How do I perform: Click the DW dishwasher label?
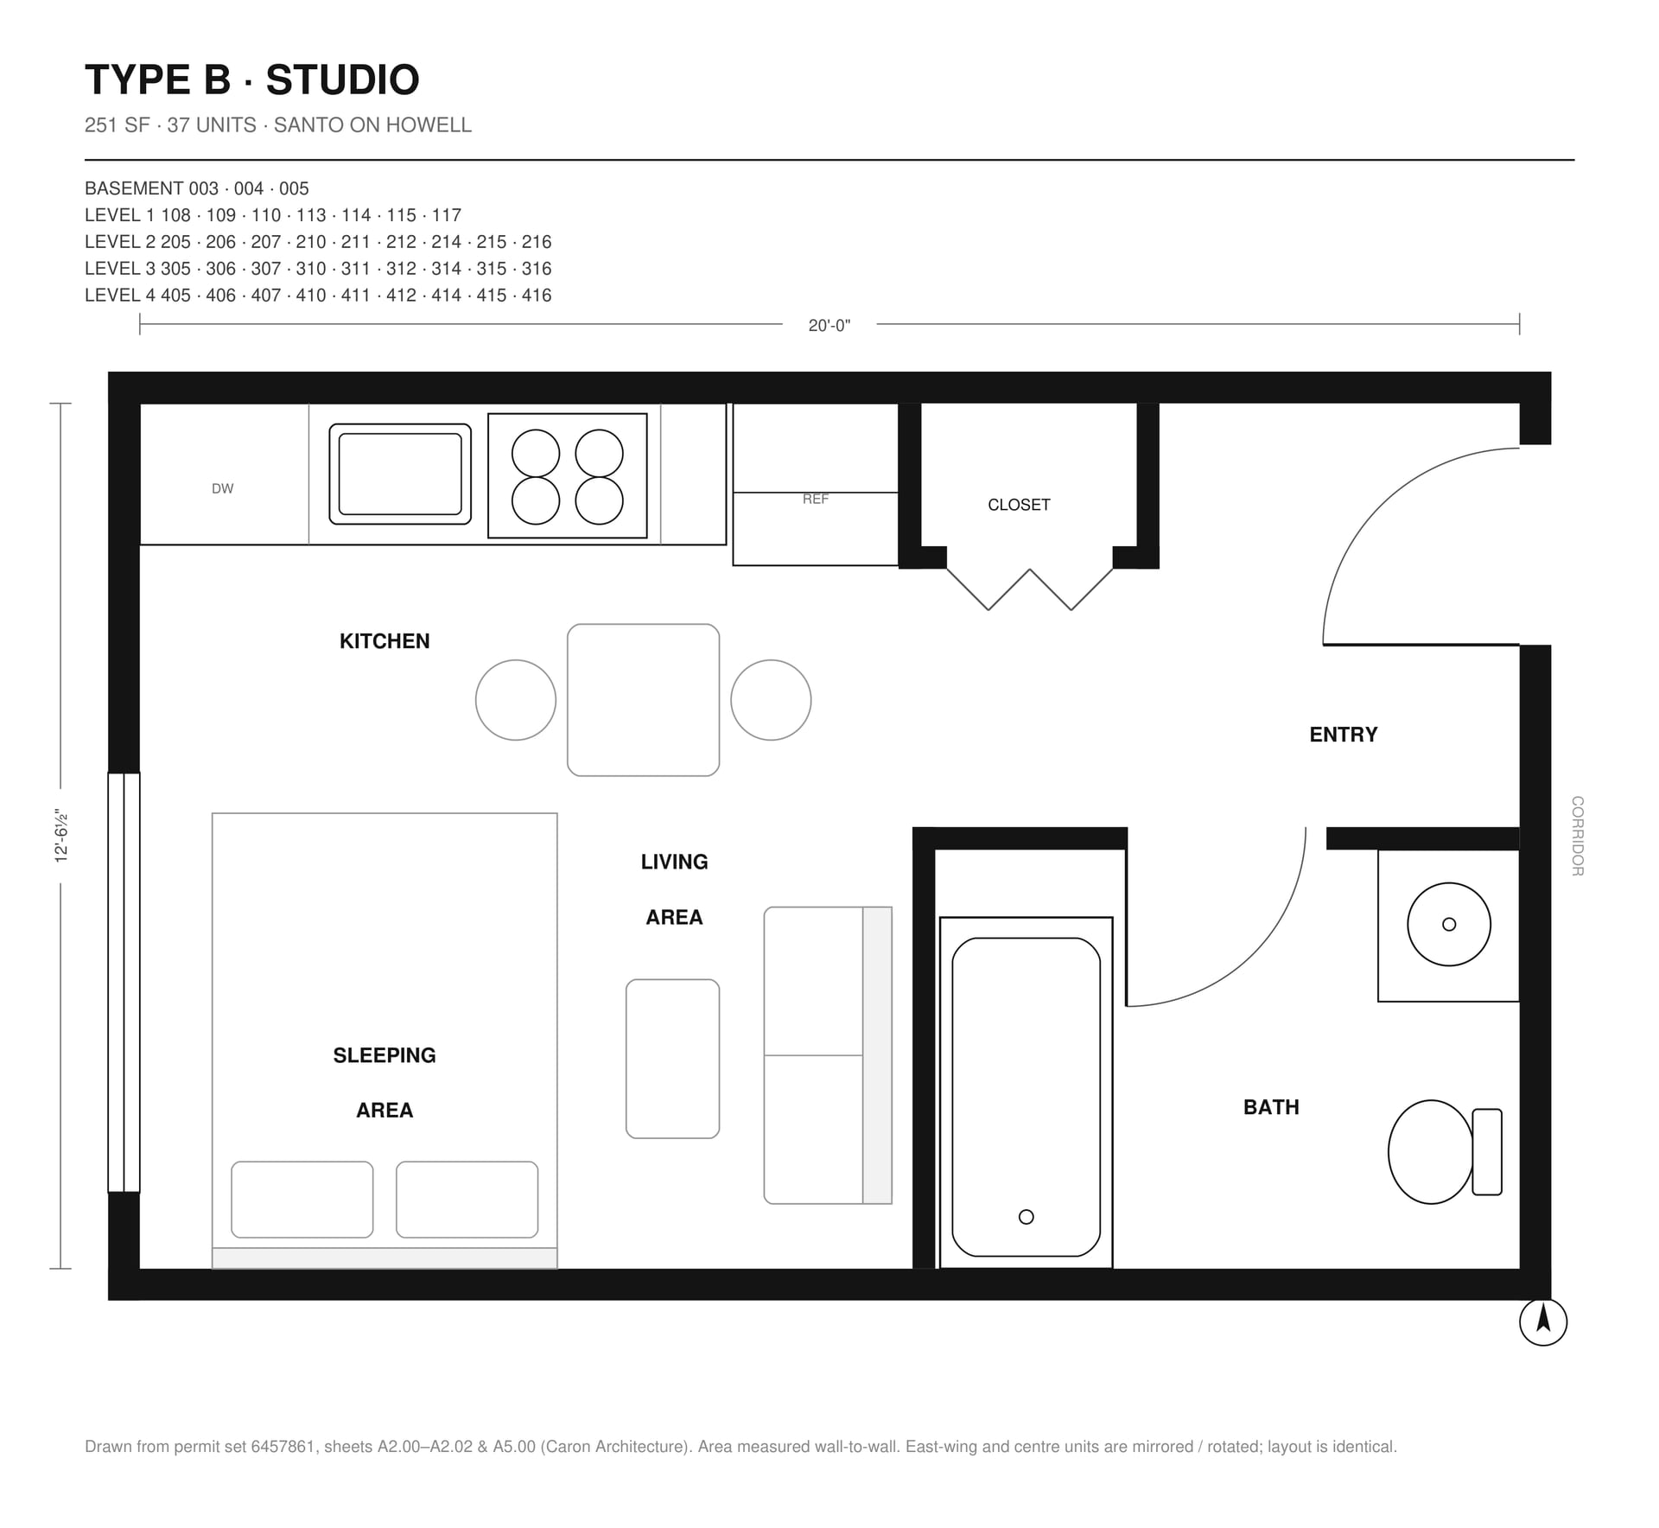pos(222,488)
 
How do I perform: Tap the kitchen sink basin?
pos(400,474)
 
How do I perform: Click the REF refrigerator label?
pos(815,499)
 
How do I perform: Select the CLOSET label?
pos(1019,505)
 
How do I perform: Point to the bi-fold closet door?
pos(1030,589)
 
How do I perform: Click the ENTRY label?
pos(1343,735)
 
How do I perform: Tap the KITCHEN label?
pos(385,641)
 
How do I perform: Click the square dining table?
pos(643,700)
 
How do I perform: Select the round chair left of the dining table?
pos(516,700)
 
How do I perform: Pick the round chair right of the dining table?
pos(771,700)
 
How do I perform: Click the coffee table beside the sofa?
pos(672,1059)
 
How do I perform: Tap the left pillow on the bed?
pos(302,1200)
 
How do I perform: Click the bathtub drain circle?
pos(1027,1217)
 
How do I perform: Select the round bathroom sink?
pos(1449,924)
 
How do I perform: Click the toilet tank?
pos(1487,1152)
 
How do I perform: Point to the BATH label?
pos(1271,1107)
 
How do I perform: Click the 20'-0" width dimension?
pos(829,326)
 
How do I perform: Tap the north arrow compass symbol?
pos(1543,1322)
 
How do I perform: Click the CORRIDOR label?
pos(1578,836)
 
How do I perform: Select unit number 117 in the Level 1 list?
pos(447,215)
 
